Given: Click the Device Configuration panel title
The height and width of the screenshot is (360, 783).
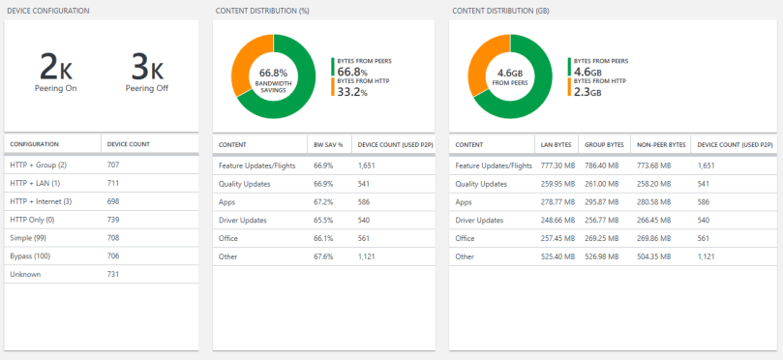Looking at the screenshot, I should [x=48, y=11].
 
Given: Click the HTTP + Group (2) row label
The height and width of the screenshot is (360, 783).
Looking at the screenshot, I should [x=38, y=165].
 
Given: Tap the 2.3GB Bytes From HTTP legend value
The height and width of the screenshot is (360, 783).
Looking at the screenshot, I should [x=587, y=93].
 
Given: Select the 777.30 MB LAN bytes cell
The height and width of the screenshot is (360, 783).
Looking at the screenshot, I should [x=559, y=165].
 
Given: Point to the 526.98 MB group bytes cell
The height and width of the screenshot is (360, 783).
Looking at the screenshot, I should [x=609, y=256].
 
